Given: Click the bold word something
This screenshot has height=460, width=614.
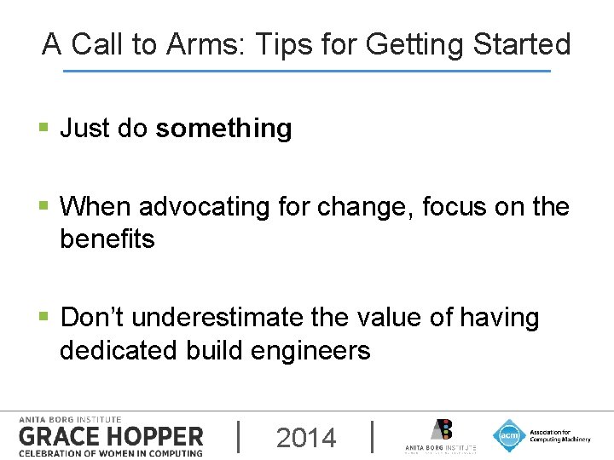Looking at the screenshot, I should click(223, 129).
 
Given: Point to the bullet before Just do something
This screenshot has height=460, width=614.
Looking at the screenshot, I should click(43, 129).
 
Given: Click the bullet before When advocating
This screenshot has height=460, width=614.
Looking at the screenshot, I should click(43, 206).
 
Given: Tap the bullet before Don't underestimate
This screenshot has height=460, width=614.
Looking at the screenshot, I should click(43, 318).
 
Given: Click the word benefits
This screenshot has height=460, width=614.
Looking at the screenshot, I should click(107, 239).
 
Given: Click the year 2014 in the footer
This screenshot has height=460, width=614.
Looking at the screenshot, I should click(306, 438).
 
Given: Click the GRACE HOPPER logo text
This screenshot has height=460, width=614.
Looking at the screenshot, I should click(111, 437).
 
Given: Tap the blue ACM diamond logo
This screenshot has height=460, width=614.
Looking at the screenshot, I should click(509, 435).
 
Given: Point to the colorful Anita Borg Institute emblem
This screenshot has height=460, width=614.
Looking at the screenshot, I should click(441, 429).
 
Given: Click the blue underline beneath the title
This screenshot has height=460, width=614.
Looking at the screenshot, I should click(307, 71).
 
